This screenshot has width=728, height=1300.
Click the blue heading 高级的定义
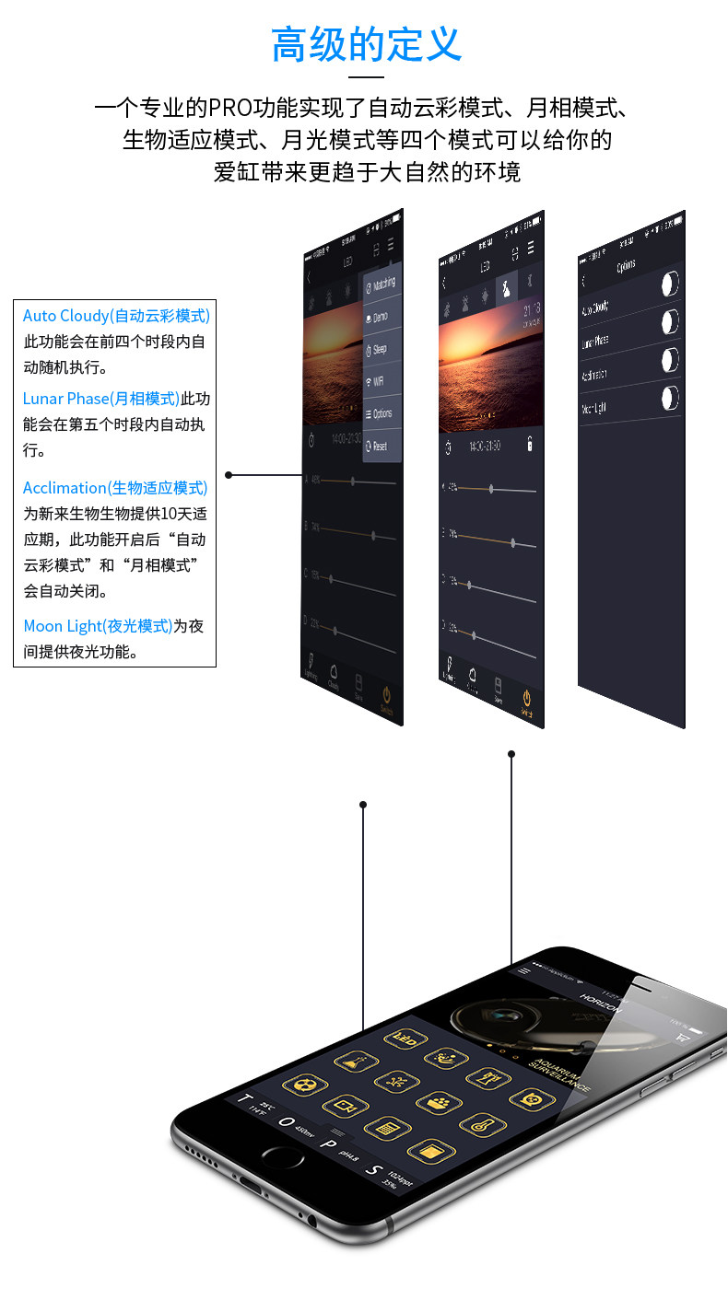pyautogui.click(x=366, y=44)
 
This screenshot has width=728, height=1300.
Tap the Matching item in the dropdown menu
pyautogui.click(x=381, y=284)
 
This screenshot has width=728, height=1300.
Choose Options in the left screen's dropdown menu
pyautogui.click(x=380, y=413)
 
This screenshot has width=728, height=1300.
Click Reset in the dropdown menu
pyautogui.click(x=377, y=447)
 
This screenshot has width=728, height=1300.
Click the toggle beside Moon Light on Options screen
pyautogui.click(x=670, y=397)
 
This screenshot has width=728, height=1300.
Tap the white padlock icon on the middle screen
pyautogui.click(x=529, y=445)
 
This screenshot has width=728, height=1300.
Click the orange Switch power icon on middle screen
pyautogui.click(x=527, y=700)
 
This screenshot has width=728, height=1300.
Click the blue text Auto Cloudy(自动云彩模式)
pyautogui.click(x=116, y=316)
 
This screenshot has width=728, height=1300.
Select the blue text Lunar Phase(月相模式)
pyautogui.click(x=101, y=399)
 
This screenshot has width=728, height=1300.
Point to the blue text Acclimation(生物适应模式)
pyautogui.click(x=115, y=488)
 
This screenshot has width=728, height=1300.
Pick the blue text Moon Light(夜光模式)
pyautogui.click(x=98, y=626)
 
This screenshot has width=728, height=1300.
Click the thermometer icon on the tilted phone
pyautogui.click(x=478, y=1124)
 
